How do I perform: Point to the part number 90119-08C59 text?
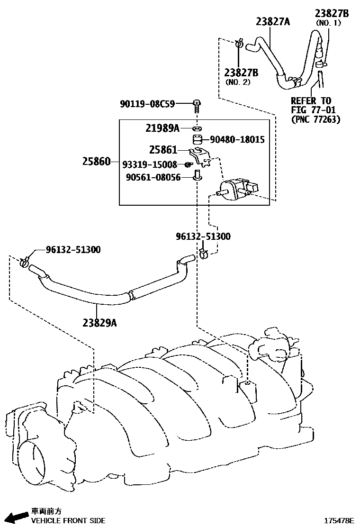coord(147,104)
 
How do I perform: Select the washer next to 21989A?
coord(197,128)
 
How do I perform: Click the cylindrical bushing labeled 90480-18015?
coord(197,140)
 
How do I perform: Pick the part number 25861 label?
coord(162,150)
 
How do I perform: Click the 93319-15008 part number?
coord(149,164)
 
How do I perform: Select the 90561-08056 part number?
coord(153,178)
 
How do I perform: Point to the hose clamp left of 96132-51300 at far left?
coord(25,260)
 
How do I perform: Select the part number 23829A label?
coord(99,323)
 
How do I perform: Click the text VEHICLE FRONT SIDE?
coord(68,520)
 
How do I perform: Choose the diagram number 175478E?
coord(339,520)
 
